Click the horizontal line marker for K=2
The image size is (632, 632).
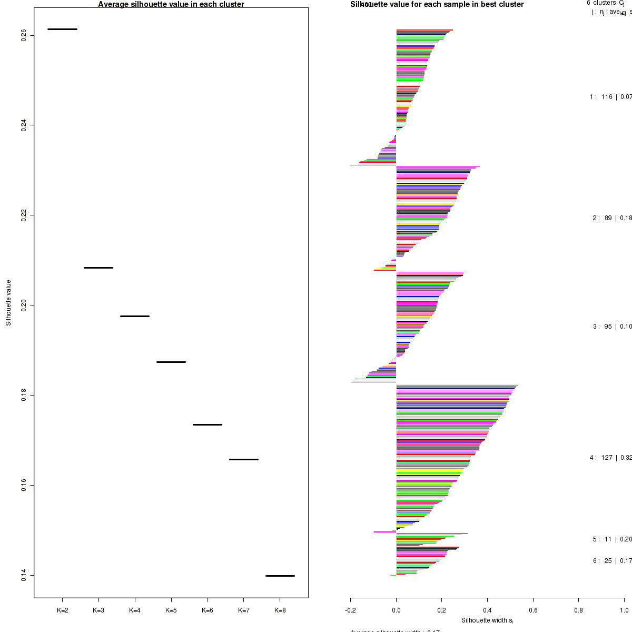62,29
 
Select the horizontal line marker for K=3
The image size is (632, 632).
98,268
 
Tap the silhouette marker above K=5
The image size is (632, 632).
171,362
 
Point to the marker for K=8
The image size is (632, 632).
280,576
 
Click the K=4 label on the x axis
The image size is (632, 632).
135,610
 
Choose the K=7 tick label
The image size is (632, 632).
243,610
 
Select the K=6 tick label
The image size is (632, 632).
207,610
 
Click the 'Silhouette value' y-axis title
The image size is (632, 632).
8,303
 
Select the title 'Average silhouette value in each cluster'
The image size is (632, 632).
171,4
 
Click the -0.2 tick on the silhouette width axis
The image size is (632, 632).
351,610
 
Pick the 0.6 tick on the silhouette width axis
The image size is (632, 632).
533,610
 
